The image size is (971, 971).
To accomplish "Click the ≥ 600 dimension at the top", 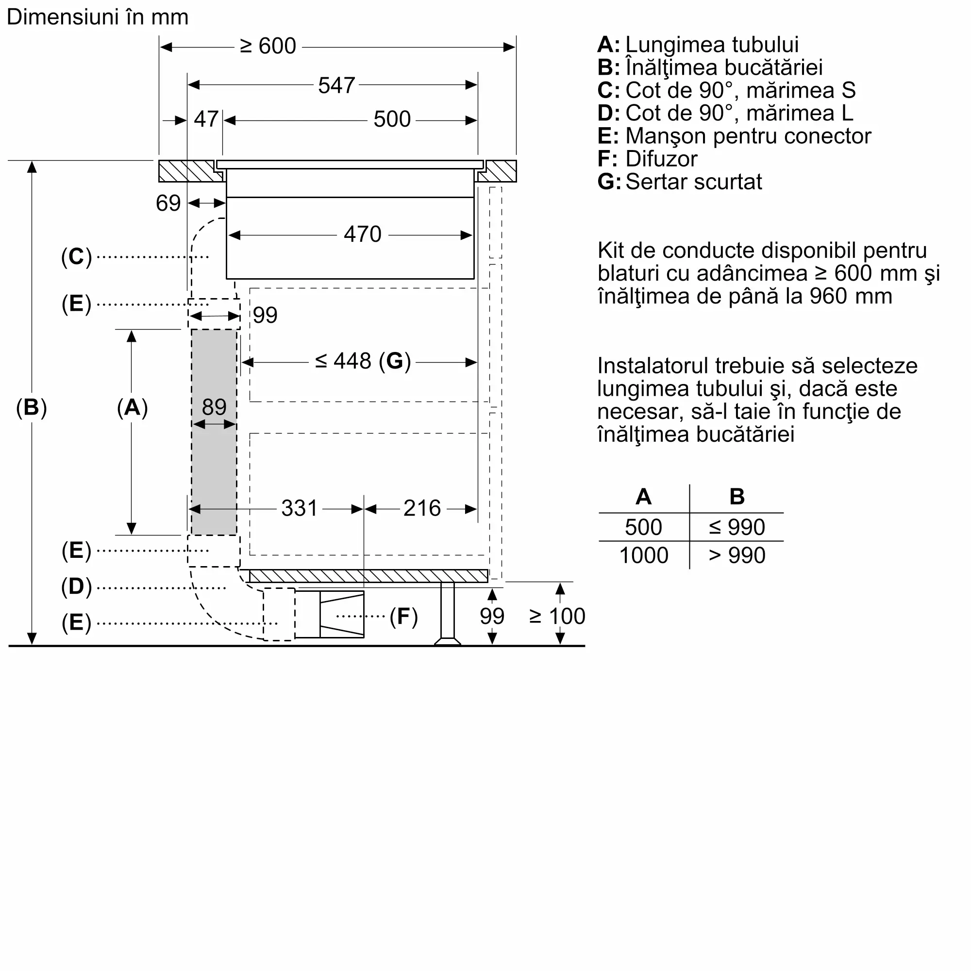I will pos(268,46).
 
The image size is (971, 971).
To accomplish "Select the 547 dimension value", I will pos(336,85).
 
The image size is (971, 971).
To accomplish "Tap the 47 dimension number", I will pos(205,119).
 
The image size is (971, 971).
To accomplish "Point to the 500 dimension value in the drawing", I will pos(392,119).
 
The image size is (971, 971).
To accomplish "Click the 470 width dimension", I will pos(362,234).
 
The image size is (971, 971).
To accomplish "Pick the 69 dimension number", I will pos(168,203).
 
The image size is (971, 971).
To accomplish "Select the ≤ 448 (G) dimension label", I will pos(363,361).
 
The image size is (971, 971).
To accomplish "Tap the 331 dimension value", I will pos(299,508).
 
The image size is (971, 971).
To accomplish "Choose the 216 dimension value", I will pos(422,508).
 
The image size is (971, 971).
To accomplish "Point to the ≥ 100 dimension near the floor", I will pos(557,616).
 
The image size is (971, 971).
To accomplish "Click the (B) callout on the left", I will pos(31,407).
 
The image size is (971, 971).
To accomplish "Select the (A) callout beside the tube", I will pos(132,407).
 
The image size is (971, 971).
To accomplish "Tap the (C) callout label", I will pos(76,257).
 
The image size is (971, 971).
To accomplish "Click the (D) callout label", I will pos(76,586).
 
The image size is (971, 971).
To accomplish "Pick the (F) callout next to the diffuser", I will pos(403,616).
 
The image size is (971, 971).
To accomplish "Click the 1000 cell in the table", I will pos(643,555).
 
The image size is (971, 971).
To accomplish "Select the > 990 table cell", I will pos(737,555).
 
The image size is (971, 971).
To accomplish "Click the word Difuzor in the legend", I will pos(661,159).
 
